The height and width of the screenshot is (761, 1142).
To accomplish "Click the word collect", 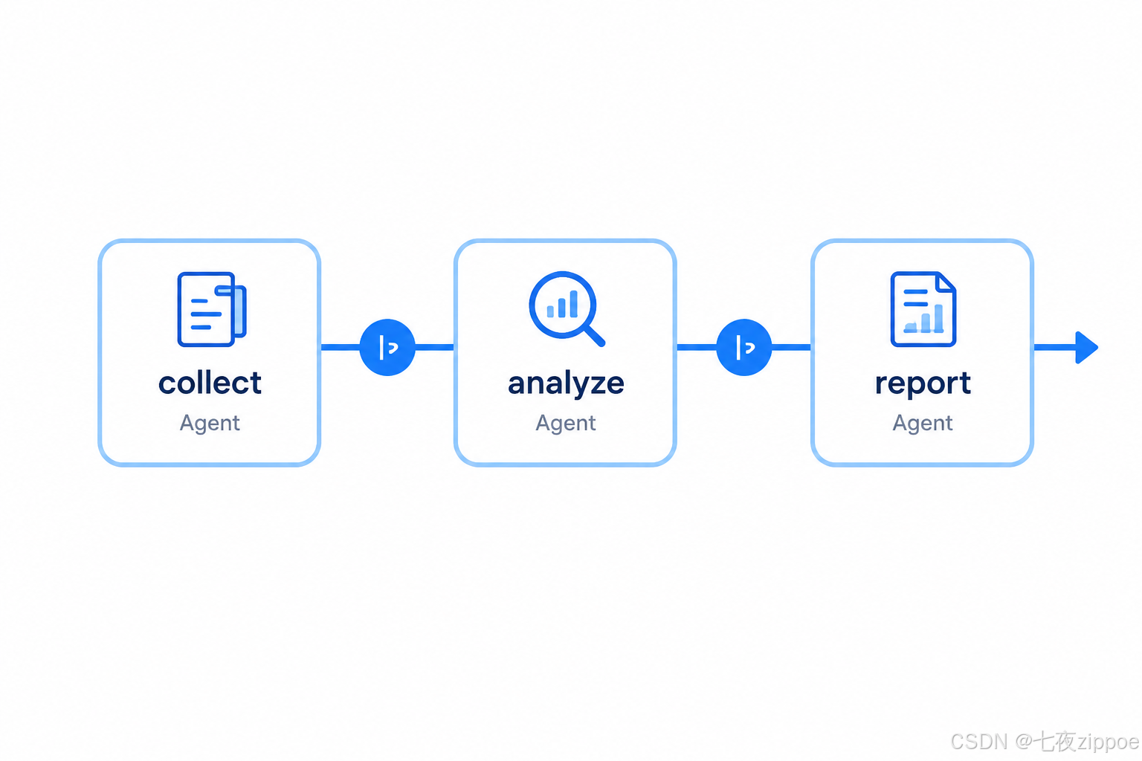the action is (x=210, y=383).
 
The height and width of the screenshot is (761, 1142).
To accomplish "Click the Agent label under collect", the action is (x=210, y=424).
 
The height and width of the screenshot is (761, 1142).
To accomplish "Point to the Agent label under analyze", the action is (x=565, y=424).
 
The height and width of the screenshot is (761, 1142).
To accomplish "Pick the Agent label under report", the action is (x=922, y=424).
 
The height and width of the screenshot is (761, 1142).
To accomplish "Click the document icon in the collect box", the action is (x=212, y=309).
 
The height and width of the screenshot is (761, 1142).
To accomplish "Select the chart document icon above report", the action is (x=923, y=309).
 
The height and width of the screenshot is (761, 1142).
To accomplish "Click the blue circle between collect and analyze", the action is (x=387, y=348).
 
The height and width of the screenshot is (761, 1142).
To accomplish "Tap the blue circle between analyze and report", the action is (x=743, y=348).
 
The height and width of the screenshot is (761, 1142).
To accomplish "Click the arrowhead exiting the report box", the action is (x=1086, y=348).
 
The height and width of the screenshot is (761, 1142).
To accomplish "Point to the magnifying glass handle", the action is (x=595, y=336).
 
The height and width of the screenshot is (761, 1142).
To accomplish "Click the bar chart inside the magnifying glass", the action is (x=562, y=304).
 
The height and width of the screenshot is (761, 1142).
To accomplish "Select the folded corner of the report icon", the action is (x=946, y=282).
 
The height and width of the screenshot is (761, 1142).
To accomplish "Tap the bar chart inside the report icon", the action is (x=923, y=318).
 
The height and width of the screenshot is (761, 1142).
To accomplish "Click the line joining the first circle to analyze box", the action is (x=434, y=348).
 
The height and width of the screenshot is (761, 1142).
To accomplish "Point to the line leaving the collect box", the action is (x=340, y=348).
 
